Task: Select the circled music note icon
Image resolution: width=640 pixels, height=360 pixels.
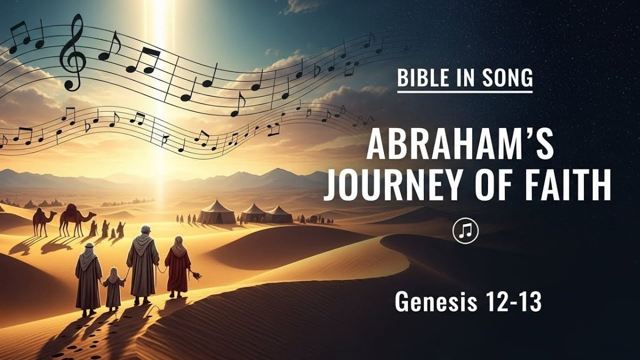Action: click(x=465, y=230)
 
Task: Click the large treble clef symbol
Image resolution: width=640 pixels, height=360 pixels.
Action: click(x=73, y=52)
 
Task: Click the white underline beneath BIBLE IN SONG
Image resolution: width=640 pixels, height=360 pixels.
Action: click(x=464, y=91)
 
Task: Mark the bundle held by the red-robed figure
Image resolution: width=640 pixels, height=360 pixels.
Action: click(x=196, y=274)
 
